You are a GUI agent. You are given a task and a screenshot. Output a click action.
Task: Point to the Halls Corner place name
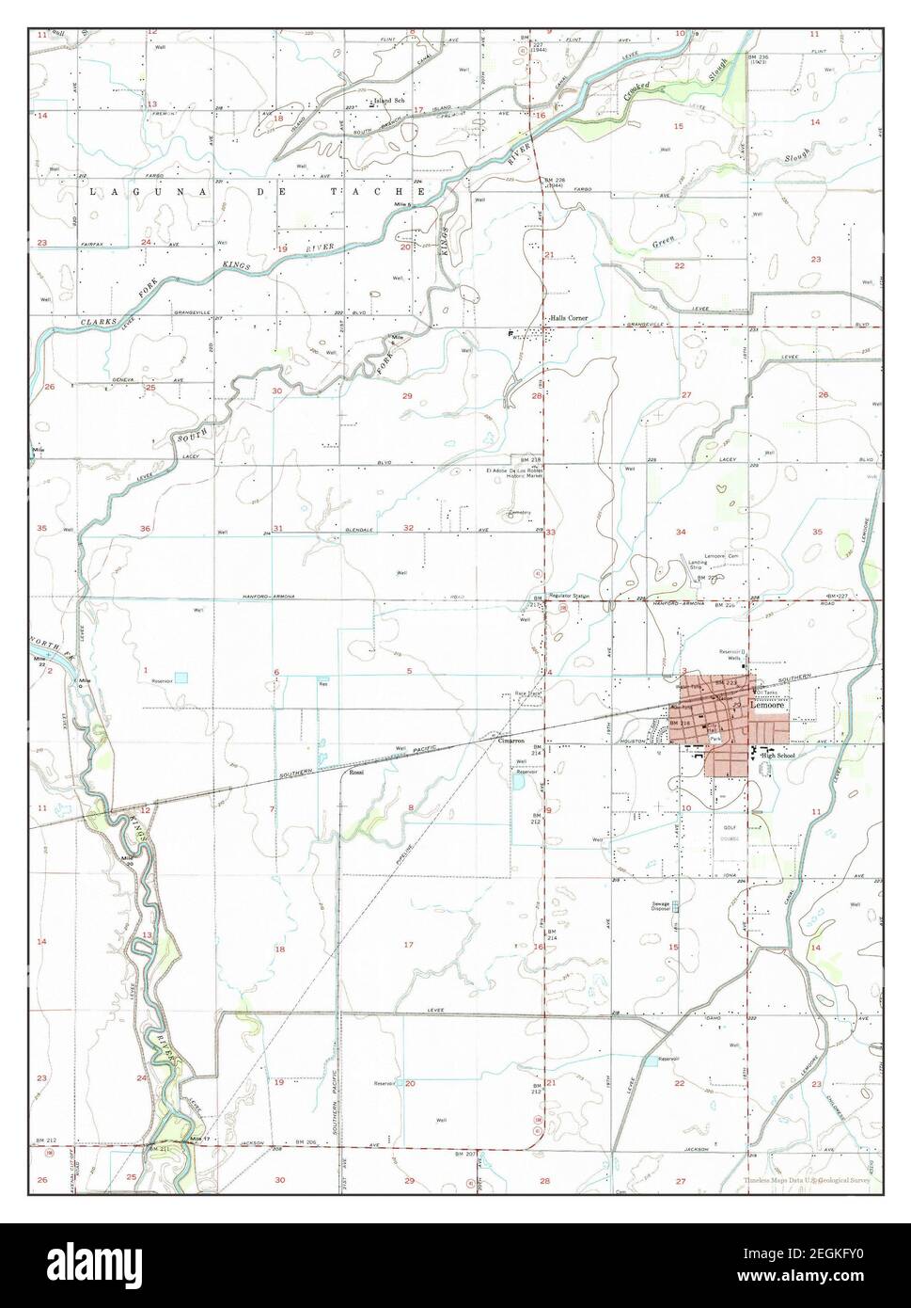tap(569, 319)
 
